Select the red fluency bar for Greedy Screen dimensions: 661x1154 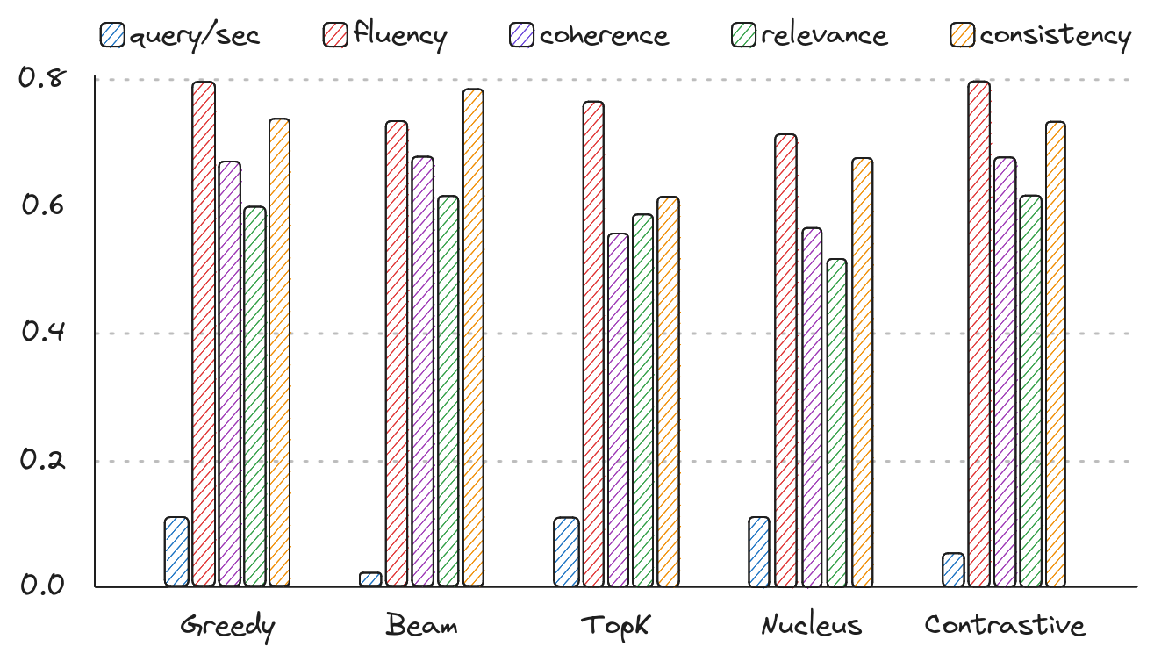tap(204, 334)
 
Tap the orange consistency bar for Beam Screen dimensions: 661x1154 tap(473, 338)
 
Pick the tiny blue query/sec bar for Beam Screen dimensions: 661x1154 tap(370, 579)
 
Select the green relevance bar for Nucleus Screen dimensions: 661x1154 tap(837, 422)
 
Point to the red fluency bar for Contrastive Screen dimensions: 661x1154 tap(978, 334)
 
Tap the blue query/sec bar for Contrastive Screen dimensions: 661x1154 tap(953, 570)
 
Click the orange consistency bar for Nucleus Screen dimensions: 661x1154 tap(863, 372)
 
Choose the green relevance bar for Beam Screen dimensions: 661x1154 tap(448, 391)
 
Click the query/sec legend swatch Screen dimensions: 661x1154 tap(112, 35)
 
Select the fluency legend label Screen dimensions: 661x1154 tap(400, 35)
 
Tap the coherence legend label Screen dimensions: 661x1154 tap(604, 35)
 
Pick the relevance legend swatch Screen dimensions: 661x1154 tap(744, 35)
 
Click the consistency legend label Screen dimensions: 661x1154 tap(1055, 35)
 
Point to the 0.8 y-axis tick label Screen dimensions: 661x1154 tap(43, 78)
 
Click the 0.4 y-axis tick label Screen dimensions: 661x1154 tap(43, 334)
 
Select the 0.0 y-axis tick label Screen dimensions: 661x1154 tap(43, 586)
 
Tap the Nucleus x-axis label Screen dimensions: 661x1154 tap(812, 626)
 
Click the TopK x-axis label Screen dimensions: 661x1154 tap(615, 626)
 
